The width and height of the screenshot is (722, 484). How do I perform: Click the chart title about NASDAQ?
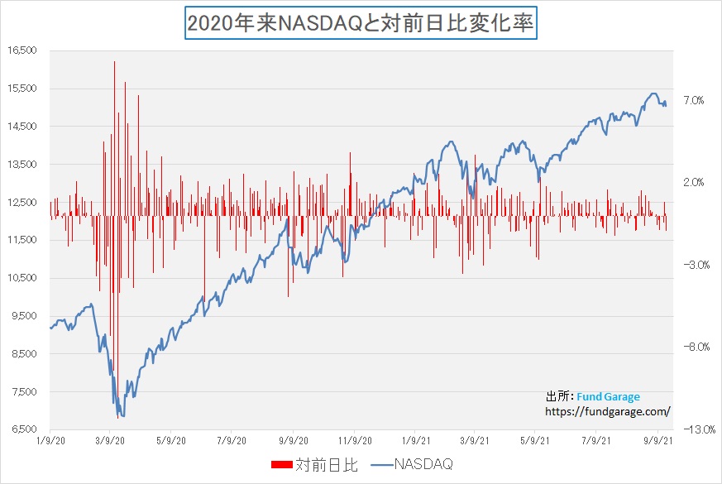[361, 23]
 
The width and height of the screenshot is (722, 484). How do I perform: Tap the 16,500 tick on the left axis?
[22, 50]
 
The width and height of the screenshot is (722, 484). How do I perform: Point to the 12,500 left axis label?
[22, 202]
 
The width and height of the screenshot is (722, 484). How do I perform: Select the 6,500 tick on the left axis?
[24, 429]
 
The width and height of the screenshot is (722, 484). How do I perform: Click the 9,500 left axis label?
[24, 316]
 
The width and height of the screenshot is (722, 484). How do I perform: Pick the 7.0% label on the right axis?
[693, 100]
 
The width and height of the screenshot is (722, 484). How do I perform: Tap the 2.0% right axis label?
[693, 182]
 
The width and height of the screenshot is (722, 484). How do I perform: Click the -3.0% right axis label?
[692, 265]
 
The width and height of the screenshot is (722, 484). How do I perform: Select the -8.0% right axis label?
[692, 347]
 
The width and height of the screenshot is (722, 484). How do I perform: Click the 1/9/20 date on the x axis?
[50, 442]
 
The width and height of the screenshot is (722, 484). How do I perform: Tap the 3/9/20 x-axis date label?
[112, 442]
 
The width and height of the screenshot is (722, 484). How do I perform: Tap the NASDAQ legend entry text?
[423, 465]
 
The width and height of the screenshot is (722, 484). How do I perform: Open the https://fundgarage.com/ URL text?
[607, 411]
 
